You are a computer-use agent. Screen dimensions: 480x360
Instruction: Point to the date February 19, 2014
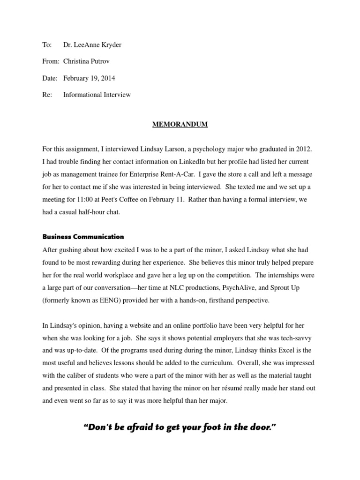(89, 78)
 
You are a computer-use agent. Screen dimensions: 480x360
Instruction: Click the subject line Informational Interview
(97, 95)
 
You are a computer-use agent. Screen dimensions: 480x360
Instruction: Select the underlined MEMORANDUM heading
(180, 124)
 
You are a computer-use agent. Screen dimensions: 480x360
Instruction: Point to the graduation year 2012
(303, 149)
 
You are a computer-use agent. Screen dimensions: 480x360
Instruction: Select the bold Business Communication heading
(83, 237)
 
